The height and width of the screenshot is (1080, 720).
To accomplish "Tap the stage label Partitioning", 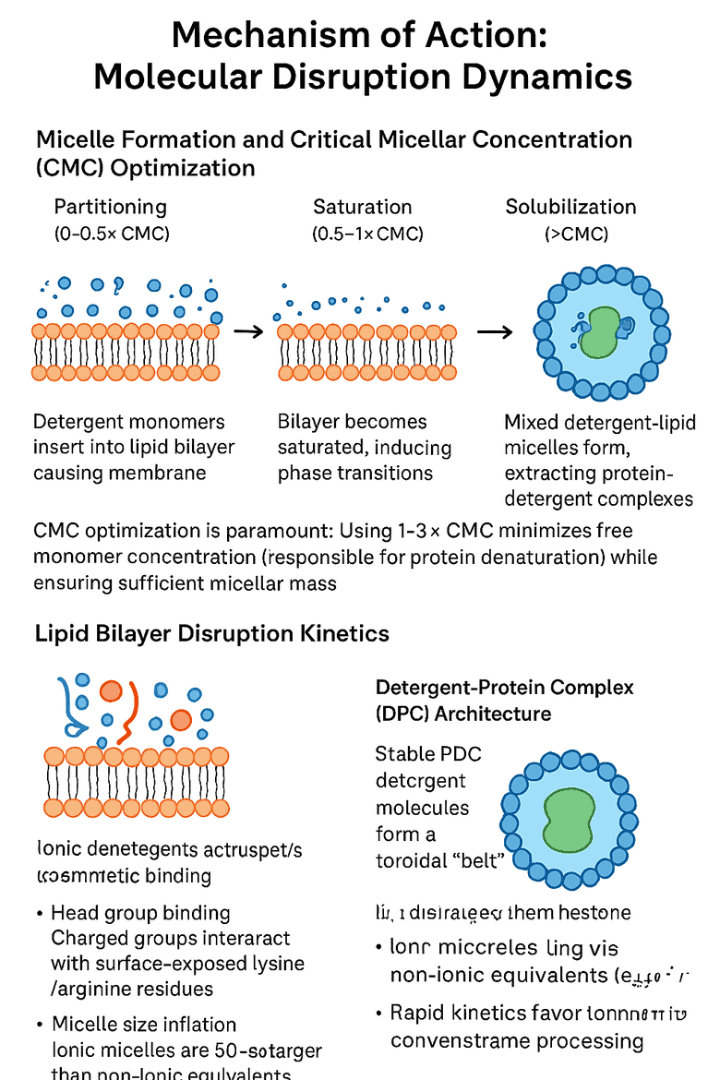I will click(111, 207).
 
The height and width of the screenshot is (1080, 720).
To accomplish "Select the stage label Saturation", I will click(362, 207).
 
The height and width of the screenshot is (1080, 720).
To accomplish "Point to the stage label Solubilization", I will click(570, 207).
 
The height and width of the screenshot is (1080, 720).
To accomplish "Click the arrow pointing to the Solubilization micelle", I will click(495, 330).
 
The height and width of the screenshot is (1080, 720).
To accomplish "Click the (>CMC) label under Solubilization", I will click(576, 234).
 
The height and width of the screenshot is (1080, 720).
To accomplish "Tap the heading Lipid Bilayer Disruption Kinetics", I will click(211, 634).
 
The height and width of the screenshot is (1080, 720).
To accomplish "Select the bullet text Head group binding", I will click(140, 913).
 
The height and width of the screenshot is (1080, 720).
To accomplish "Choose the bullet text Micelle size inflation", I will click(144, 1025).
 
